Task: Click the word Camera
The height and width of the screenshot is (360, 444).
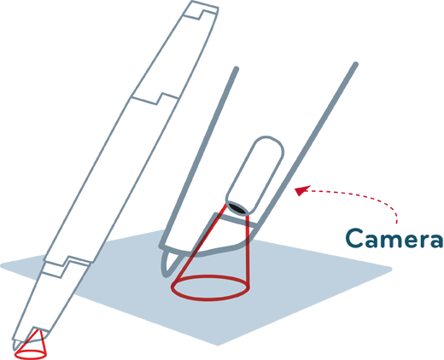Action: (x=394, y=238)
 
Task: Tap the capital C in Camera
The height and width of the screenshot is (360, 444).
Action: (x=354, y=238)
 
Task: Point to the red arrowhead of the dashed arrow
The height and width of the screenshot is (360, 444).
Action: (x=301, y=190)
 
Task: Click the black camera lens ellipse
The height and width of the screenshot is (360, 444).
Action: (x=237, y=208)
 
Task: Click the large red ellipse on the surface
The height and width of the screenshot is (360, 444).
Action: (x=209, y=287)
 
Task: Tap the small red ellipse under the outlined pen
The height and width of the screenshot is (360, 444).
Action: (x=31, y=354)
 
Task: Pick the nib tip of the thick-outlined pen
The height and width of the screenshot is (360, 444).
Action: (x=166, y=275)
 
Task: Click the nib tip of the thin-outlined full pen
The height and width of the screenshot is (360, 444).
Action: (x=15, y=348)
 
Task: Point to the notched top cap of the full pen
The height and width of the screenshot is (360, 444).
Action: (x=201, y=10)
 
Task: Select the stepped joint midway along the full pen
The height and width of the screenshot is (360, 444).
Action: (x=156, y=99)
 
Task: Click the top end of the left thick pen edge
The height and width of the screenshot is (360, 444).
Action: (x=237, y=68)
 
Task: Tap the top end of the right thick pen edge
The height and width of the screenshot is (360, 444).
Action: (x=355, y=64)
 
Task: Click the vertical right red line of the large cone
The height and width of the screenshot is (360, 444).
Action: (x=248, y=252)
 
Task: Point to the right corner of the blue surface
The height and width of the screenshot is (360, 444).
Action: (x=390, y=269)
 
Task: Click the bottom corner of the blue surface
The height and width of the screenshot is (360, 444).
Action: (x=218, y=344)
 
